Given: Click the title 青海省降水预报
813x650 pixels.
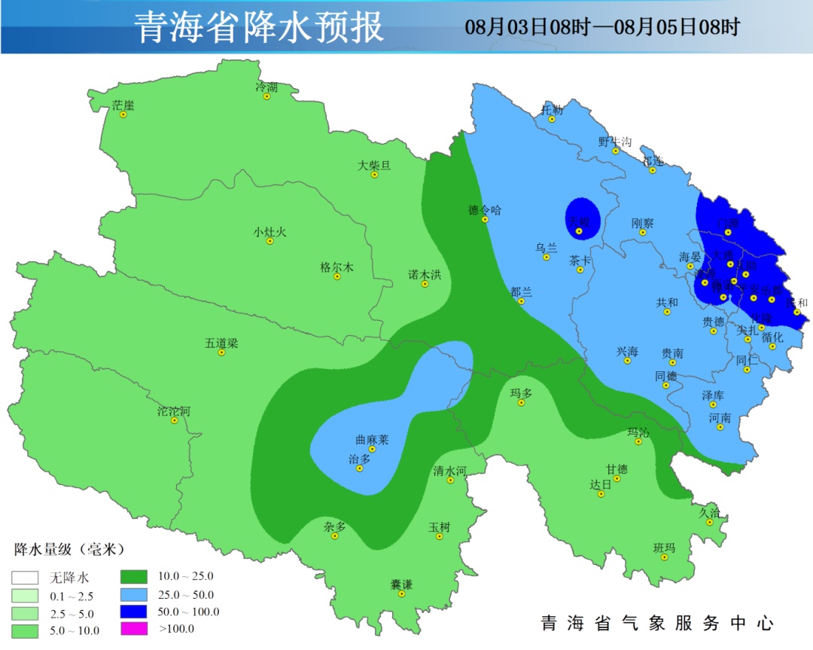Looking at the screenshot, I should (259, 28).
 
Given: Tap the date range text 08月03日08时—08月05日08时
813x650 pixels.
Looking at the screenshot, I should (602, 28).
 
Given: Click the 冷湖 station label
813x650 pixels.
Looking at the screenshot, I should (266, 87).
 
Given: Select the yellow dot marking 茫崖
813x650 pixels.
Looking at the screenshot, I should (123, 114).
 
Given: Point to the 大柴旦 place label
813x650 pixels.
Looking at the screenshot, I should (374, 165).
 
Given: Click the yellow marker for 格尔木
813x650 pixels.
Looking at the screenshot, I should (337, 276).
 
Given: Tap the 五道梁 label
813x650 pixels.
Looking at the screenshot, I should (221, 343).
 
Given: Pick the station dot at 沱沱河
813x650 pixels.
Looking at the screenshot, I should (175, 420).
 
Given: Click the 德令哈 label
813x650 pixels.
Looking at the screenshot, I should (484, 210).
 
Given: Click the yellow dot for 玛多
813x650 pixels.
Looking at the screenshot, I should (521, 403).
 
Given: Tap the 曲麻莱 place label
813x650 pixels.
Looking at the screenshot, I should (372, 440).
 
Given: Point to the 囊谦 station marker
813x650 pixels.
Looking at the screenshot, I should (402, 594).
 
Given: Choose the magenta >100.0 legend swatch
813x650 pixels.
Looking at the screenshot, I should (132, 629).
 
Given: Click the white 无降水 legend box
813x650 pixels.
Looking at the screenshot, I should (24, 578).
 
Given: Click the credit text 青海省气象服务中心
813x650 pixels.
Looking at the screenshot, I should (657, 623).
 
